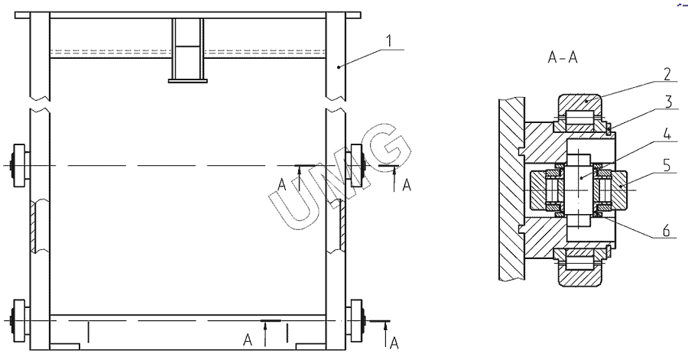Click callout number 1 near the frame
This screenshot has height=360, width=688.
[x=388, y=41]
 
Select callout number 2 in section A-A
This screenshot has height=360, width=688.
[x=667, y=75]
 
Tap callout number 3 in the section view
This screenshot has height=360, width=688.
[x=668, y=102]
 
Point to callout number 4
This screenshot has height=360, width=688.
[x=667, y=134]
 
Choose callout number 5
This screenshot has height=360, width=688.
[x=667, y=165]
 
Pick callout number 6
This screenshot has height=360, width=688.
[x=667, y=230]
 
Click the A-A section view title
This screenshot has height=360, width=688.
[x=563, y=57]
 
